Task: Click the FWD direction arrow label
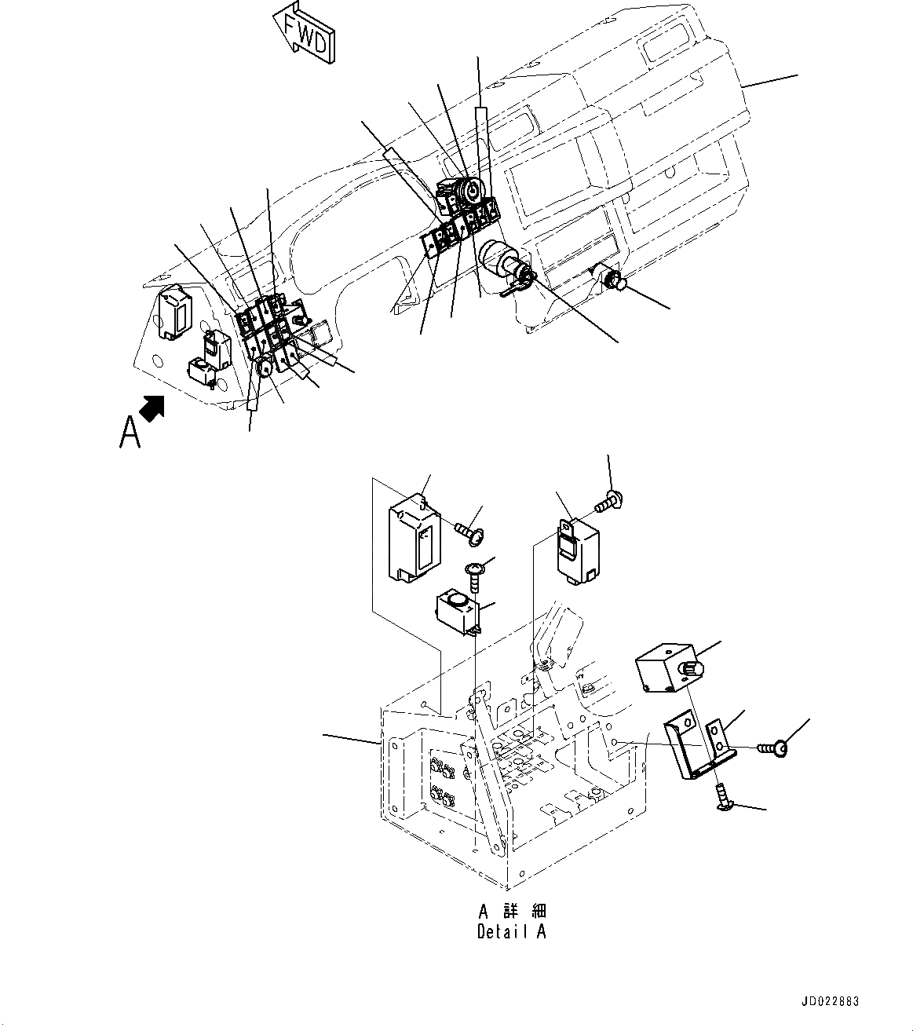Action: click(305, 33)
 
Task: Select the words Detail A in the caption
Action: click(512, 932)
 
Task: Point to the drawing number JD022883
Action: click(831, 1002)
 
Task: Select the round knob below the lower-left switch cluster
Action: click(265, 364)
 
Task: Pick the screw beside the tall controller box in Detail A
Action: click(470, 532)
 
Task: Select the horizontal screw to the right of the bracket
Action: click(774, 748)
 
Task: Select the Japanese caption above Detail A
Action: click(512, 912)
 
